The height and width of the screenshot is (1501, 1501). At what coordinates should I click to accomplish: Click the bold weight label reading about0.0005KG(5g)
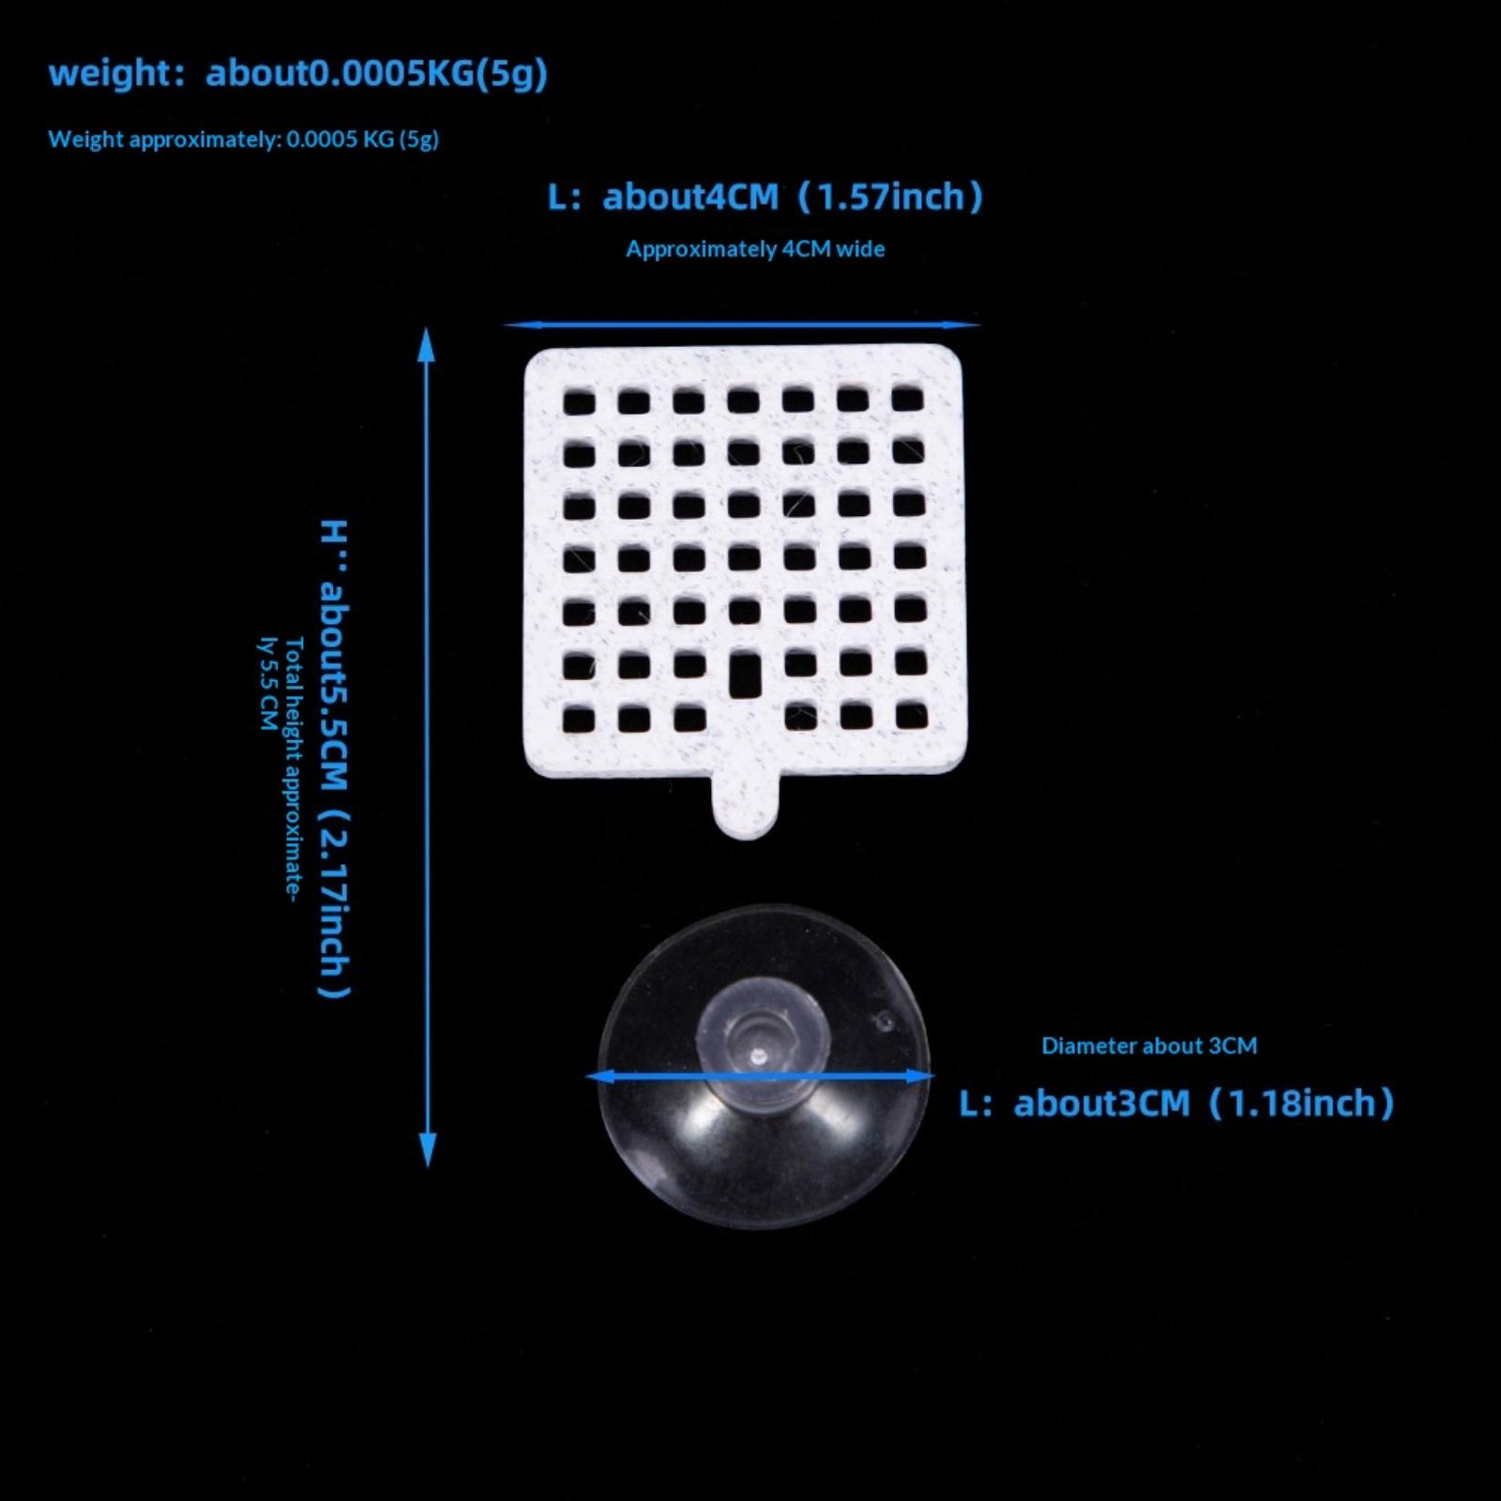[x=376, y=72]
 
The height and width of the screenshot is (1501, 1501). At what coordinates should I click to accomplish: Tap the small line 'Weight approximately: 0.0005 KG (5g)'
[x=244, y=139]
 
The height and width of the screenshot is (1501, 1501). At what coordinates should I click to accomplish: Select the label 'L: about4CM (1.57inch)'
[x=766, y=197]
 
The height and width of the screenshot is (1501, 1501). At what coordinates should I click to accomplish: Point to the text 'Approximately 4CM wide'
[x=755, y=249]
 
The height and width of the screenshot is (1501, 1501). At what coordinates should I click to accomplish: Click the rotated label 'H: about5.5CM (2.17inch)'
[x=334, y=759]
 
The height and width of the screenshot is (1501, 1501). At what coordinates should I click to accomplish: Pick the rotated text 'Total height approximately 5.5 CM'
[x=281, y=769]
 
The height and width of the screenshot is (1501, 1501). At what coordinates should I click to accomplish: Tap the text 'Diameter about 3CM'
[x=1149, y=1045]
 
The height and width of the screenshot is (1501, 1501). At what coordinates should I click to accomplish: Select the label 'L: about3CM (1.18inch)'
[x=1177, y=1103]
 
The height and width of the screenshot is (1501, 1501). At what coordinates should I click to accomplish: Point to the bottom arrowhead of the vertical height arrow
[x=428, y=1150]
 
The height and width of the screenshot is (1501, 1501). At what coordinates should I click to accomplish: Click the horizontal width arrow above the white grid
[x=741, y=325]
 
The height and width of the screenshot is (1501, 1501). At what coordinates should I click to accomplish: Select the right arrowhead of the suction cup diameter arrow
[x=919, y=1076]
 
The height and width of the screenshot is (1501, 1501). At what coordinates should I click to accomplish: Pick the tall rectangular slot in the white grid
[x=745, y=675]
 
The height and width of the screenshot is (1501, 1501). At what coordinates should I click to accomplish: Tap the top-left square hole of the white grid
[x=579, y=402]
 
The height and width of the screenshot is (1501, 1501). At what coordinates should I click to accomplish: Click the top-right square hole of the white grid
[x=907, y=399]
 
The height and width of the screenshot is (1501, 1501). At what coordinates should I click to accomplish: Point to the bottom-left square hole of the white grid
[x=579, y=720]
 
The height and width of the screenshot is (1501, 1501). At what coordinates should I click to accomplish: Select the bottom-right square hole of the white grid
[x=911, y=716]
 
